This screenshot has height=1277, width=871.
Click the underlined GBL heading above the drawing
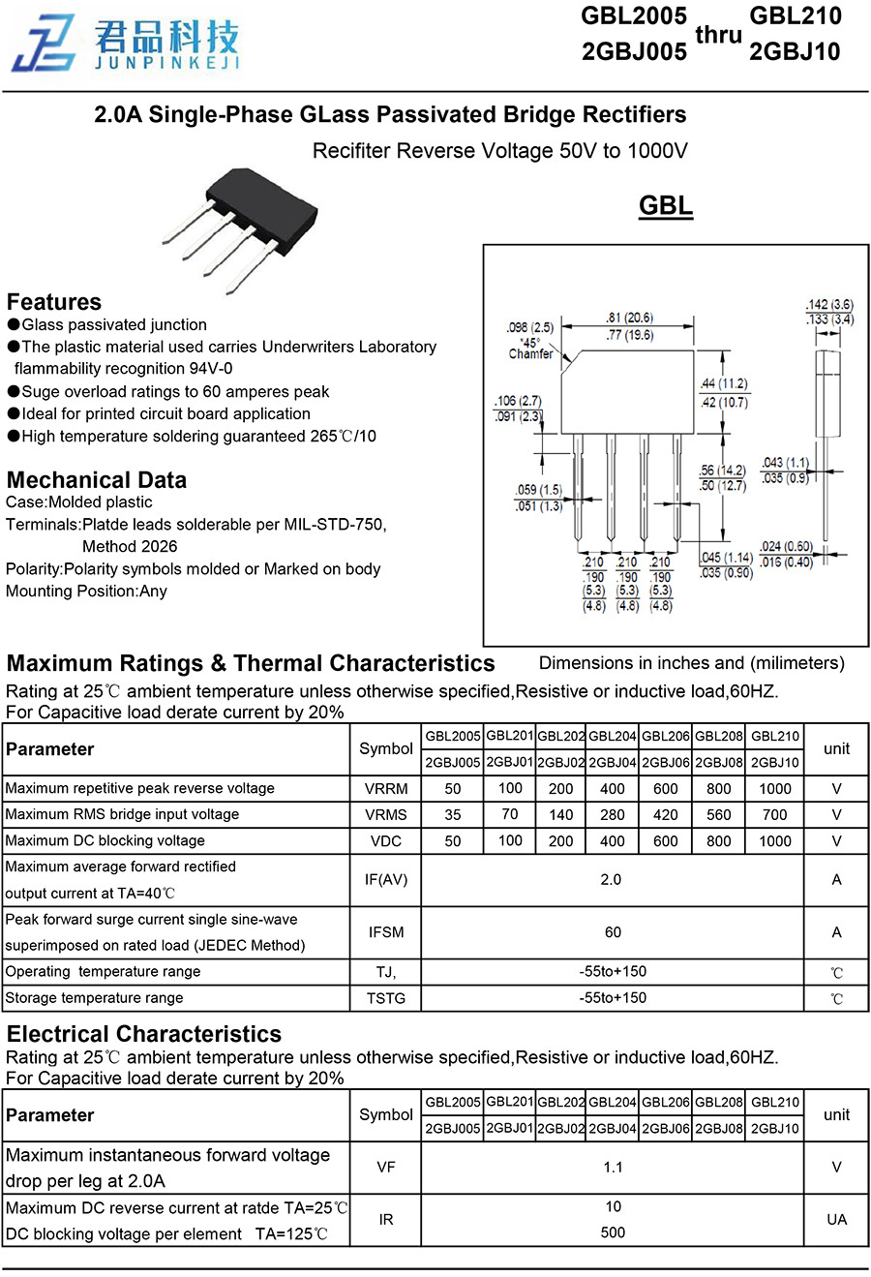[666, 205]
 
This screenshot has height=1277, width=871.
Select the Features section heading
[54, 301]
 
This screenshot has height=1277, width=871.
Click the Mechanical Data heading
[97, 479]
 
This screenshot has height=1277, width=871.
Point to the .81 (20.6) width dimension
[629, 318]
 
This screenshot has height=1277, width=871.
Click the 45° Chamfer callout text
[530, 349]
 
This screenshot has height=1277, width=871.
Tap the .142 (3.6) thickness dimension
[829, 305]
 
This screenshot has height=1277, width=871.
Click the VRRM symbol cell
[386, 789]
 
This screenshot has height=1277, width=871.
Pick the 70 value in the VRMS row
[510, 814]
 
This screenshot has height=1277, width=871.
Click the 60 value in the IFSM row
[613, 932]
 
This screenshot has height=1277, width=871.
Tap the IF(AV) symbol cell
[386, 879]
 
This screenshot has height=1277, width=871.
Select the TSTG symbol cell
[386, 998]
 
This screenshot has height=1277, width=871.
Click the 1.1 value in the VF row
[613, 1167]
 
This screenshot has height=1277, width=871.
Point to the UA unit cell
[836, 1219]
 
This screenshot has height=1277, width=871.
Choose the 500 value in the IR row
[613, 1232]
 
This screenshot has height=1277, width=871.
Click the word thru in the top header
[718, 35]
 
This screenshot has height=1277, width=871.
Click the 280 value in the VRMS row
[613, 815]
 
